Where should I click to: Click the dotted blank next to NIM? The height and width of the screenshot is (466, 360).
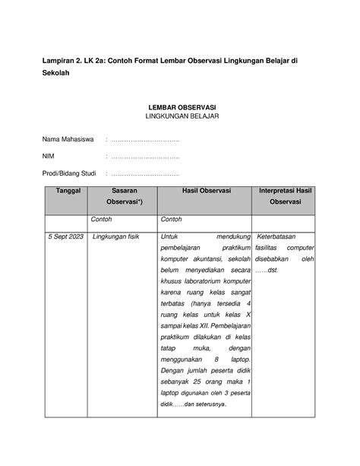point(145,157)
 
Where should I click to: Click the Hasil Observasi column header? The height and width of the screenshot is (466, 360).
point(206,190)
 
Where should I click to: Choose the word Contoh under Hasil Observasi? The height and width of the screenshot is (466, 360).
point(172,220)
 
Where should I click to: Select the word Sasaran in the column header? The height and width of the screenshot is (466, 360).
point(124,190)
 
